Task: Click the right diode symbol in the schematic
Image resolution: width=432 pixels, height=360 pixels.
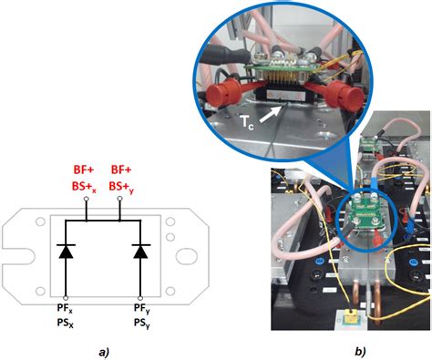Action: tap(140, 252)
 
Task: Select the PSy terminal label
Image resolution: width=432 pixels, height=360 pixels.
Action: tap(140, 323)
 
